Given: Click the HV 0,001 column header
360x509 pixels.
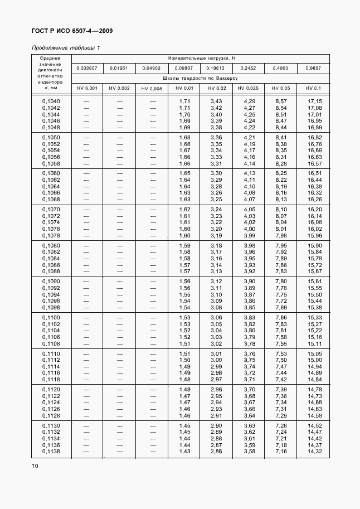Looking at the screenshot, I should pos(87,89).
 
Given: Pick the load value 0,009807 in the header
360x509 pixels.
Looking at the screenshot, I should pos(87,68).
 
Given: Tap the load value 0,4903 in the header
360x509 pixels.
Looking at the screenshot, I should pos(281,68).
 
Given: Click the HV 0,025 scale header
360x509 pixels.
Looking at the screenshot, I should pos(248,89).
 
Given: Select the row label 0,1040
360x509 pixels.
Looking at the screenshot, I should pos(51,101).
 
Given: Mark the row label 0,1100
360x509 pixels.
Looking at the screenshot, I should pos(51,317).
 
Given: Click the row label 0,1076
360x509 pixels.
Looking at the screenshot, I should pos(51,229).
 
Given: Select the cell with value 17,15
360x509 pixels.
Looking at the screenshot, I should pos(315,101).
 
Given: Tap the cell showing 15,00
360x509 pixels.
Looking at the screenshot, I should pos(315,360).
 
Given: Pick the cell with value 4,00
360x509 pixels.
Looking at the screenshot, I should pos(249,229).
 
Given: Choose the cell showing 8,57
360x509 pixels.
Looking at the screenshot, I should pos(281,101).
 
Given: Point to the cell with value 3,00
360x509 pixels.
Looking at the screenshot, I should pos(216,360).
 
